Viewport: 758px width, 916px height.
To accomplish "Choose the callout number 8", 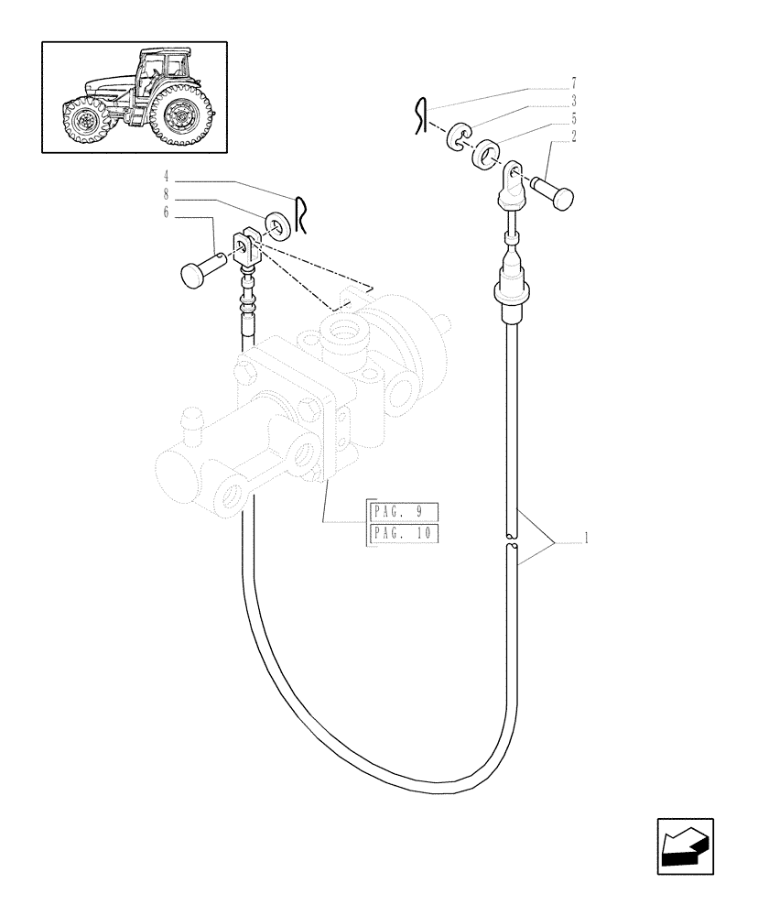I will [x=167, y=194].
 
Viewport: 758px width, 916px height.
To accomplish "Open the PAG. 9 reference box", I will [x=404, y=511].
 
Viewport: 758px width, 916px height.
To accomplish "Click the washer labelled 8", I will [x=274, y=225].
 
